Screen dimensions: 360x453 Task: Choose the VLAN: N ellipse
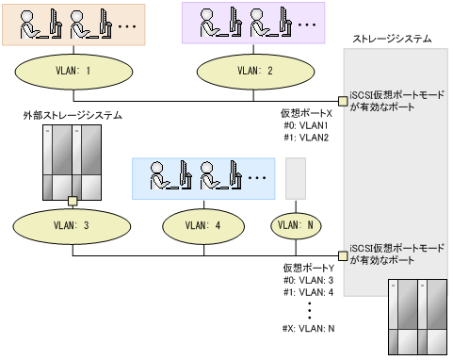coord(295,226)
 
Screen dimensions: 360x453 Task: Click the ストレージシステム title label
coord(392,40)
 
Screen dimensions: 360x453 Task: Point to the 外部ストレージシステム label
coord(73,115)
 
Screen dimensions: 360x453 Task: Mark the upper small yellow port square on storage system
coord(343,100)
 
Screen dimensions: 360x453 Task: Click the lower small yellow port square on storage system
coord(343,254)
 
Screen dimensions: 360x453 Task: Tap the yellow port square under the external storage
coord(72,200)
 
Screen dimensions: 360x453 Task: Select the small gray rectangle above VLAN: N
coord(295,178)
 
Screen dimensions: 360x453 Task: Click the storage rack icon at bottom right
coord(414,316)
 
